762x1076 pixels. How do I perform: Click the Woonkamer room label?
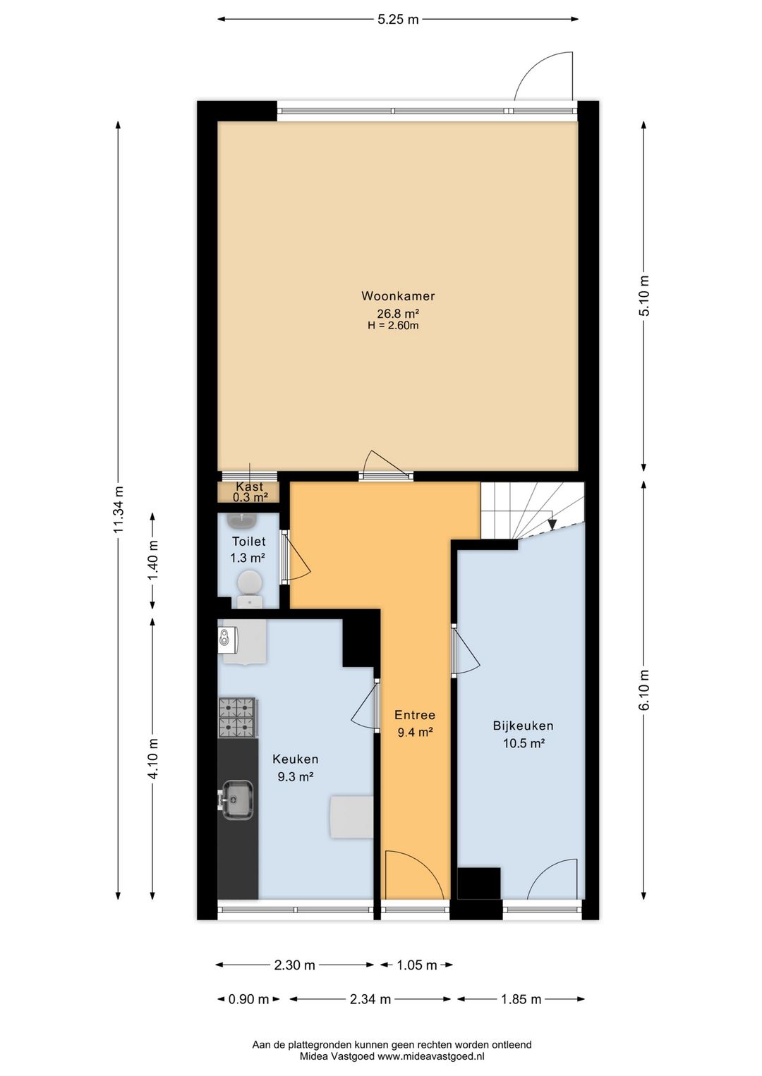pos(398,296)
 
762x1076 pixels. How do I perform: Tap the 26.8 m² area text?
pos(398,314)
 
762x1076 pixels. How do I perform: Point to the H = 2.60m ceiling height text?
pos(393,326)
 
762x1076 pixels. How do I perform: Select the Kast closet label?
pos(250,487)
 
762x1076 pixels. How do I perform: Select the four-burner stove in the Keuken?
pos(237,718)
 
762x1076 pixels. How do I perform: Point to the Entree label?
pos(415,715)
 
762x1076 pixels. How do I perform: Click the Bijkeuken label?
pos(523,726)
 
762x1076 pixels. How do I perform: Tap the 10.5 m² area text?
pos(524,744)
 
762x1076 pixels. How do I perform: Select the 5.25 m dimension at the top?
pos(398,20)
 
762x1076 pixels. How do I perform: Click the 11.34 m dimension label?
pos(119,510)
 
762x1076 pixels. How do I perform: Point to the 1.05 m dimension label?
pos(416,965)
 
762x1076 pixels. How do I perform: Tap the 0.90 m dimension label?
pos(248,1000)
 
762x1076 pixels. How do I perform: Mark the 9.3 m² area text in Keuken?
pos(296,777)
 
